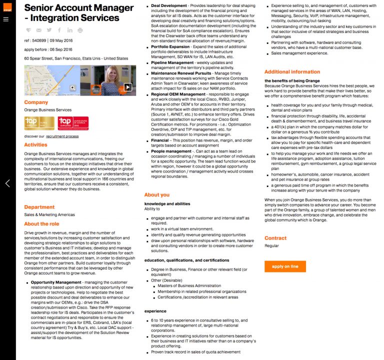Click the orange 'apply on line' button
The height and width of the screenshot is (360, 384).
[x=285, y=266]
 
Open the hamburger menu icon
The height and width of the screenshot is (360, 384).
[x=6, y=19]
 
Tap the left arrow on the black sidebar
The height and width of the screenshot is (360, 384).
[x=7, y=183]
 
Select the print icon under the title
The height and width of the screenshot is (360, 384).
[x=80, y=30]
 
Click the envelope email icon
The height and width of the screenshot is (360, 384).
[x=38, y=30]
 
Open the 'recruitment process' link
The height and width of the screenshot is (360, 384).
[x=62, y=136]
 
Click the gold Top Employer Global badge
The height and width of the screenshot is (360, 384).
[x=39, y=123]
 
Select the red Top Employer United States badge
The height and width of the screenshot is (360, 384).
[x=73, y=123]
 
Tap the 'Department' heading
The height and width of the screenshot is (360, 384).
[x=39, y=207]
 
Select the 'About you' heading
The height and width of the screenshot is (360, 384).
[x=156, y=195]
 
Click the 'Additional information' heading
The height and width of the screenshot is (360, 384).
[x=292, y=72]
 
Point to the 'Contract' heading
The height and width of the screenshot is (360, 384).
[x=275, y=238]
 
